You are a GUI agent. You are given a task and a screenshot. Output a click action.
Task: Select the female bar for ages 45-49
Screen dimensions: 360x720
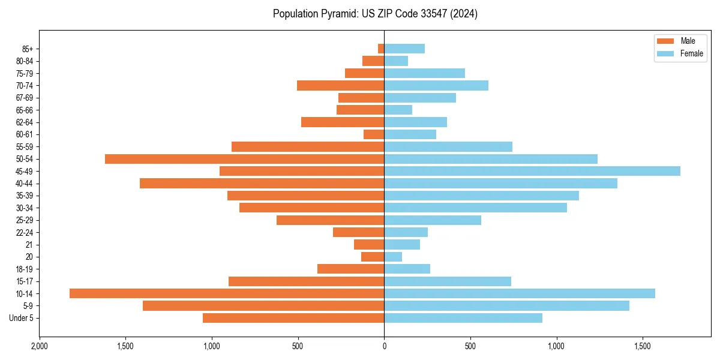532,171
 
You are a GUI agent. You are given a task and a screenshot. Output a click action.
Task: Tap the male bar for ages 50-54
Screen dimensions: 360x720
244,159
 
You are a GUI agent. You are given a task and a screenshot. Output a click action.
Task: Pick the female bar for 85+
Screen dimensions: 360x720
404,49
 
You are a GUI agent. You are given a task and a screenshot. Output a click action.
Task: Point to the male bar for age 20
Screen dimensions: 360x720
373,257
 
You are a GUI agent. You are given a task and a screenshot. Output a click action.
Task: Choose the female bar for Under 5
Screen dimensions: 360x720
463,318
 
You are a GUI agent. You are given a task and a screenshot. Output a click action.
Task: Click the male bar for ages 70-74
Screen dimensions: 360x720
340,85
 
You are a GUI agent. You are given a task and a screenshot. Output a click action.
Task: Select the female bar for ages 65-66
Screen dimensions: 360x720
398,110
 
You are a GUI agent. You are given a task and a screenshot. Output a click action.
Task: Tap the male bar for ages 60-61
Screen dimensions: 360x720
374,134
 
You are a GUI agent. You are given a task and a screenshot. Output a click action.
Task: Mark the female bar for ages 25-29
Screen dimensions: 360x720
433,220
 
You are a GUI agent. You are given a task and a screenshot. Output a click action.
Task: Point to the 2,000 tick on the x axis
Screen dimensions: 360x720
40,347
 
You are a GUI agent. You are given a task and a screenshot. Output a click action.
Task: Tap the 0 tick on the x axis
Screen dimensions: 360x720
384,347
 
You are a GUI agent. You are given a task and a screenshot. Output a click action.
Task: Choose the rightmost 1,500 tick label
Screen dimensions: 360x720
643,347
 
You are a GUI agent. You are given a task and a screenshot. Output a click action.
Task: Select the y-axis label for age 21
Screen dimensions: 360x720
29,245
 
